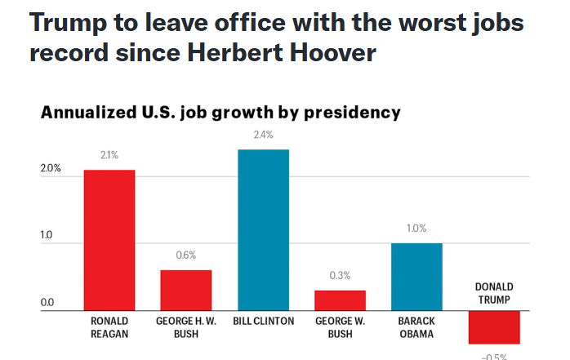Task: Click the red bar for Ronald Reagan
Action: click(x=109, y=240)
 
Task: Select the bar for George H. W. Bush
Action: click(x=185, y=290)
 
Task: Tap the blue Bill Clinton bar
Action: click(x=263, y=229)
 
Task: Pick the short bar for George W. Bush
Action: click(x=341, y=300)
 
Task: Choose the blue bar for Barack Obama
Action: click(x=417, y=277)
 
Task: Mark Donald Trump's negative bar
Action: click(x=494, y=327)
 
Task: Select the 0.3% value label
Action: click(x=341, y=276)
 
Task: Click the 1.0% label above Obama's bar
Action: click(x=417, y=229)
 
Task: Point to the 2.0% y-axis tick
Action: click(x=51, y=169)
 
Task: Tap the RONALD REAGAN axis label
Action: click(x=109, y=327)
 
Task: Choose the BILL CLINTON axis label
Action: click(x=263, y=322)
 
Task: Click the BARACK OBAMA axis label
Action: click(x=417, y=327)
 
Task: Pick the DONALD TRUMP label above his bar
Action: click(x=494, y=293)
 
